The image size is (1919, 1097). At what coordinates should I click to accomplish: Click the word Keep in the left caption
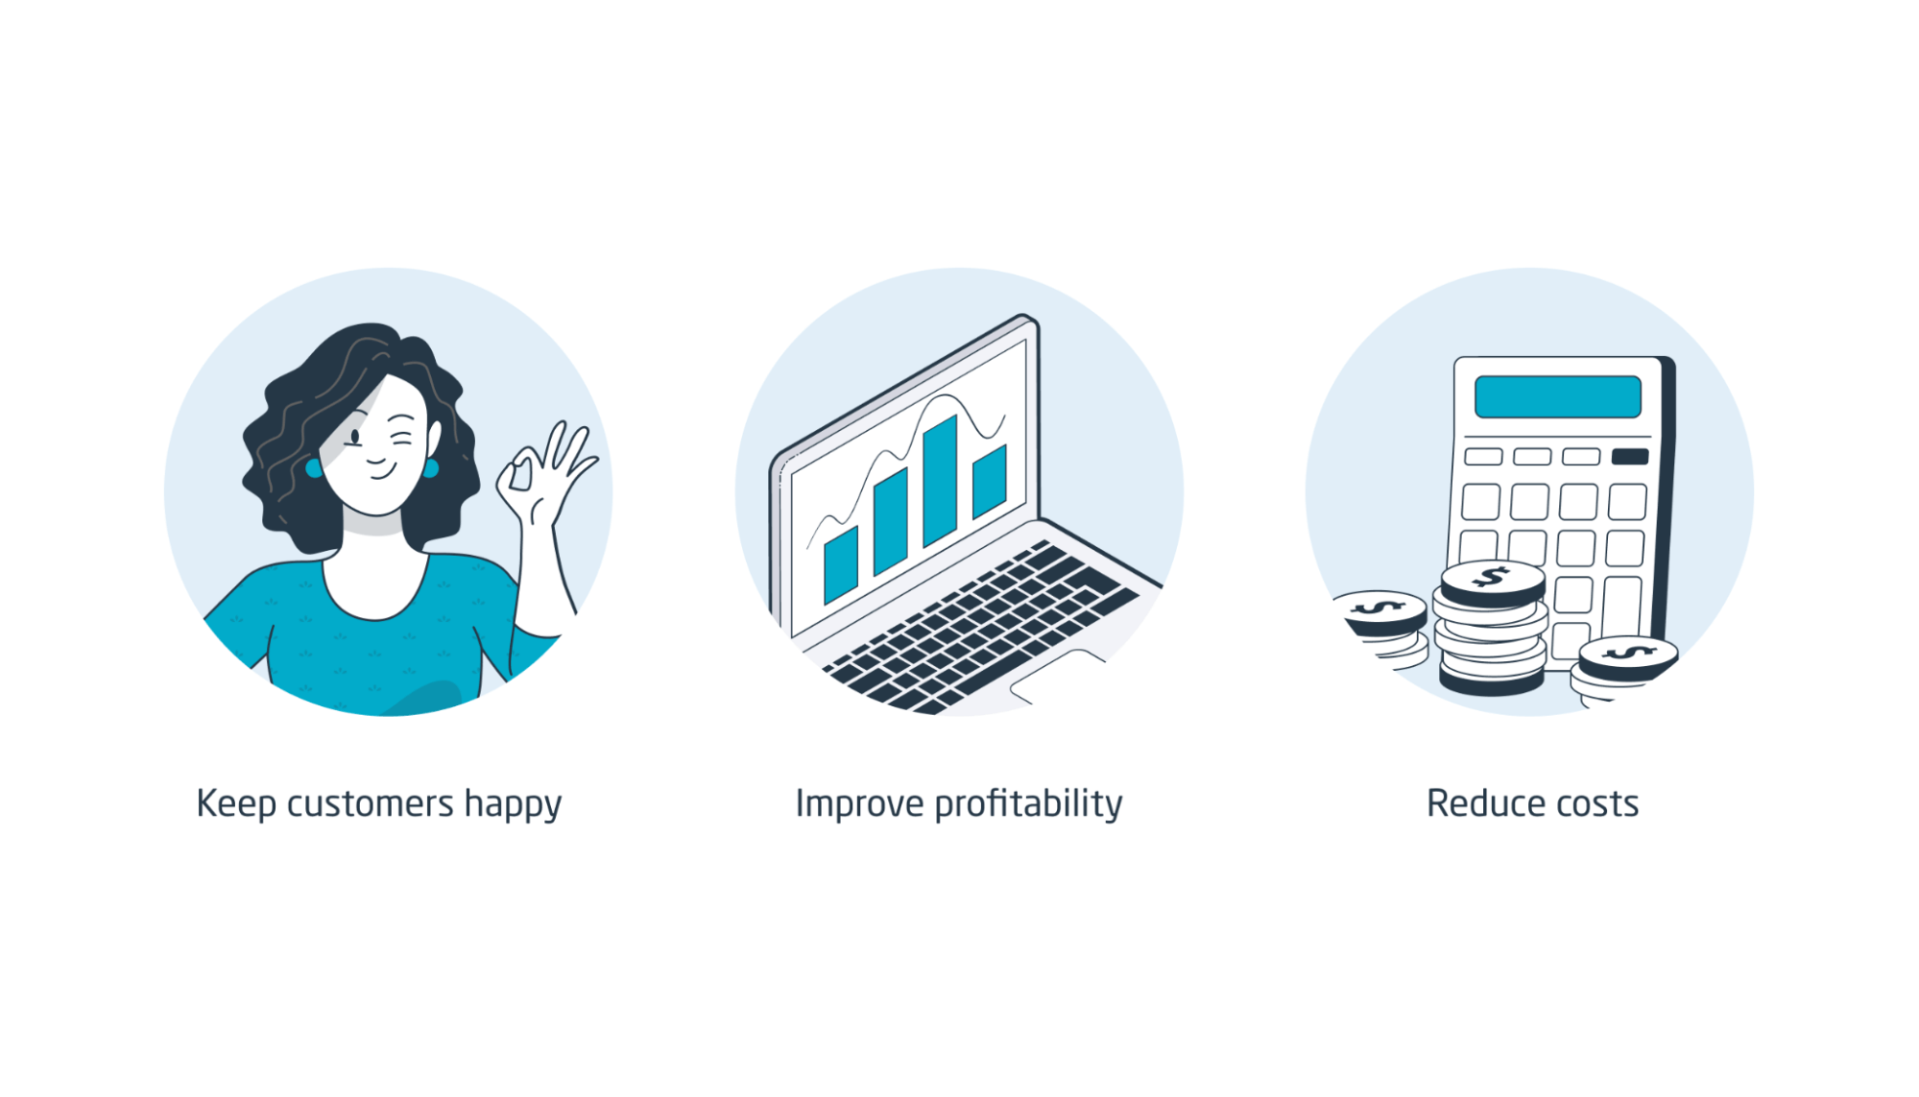[236, 804]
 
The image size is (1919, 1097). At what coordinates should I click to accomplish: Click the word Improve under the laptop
[859, 804]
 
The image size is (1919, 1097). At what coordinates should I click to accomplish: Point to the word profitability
[1027, 804]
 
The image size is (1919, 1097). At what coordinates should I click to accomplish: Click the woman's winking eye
[400, 441]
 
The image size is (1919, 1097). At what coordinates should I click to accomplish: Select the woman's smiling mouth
[378, 471]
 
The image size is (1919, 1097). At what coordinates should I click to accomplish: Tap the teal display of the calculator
[1557, 396]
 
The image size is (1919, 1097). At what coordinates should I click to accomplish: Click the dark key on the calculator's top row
[1629, 456]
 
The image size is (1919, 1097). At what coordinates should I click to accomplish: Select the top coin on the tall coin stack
[1492, 580]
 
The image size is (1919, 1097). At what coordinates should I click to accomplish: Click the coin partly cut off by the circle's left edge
[1380, 610]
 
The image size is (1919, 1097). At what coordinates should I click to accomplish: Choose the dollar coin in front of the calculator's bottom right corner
[1627, 656]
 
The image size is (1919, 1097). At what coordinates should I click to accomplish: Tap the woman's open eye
[355, 438]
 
